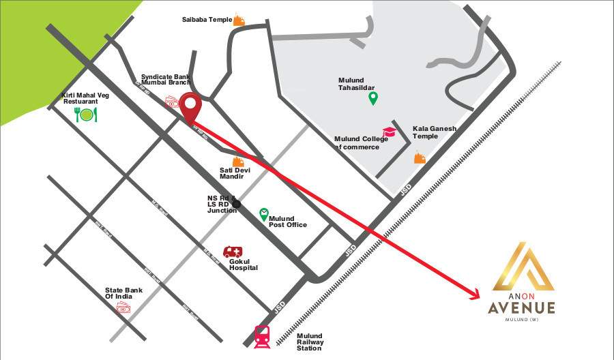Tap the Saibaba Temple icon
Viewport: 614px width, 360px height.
point(239,20)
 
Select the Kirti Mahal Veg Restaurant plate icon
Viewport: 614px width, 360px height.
point(87,115)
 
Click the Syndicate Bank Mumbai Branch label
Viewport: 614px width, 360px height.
point(166,80)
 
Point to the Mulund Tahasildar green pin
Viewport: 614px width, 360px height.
point(373,99)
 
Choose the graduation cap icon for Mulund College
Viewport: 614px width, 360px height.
point(389,132)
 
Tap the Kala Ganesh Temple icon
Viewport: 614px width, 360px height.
point(420,157)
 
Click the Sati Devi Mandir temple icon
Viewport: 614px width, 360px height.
point(238,161)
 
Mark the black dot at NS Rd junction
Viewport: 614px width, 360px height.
point(236,203)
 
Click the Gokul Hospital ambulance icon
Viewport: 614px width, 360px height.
point(233,252)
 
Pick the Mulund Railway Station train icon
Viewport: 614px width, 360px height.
point(261,336)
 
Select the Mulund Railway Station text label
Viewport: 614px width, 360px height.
point(310,342)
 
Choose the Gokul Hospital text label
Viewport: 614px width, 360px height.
point(244,265)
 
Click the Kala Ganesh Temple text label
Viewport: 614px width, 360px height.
point(435,132)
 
